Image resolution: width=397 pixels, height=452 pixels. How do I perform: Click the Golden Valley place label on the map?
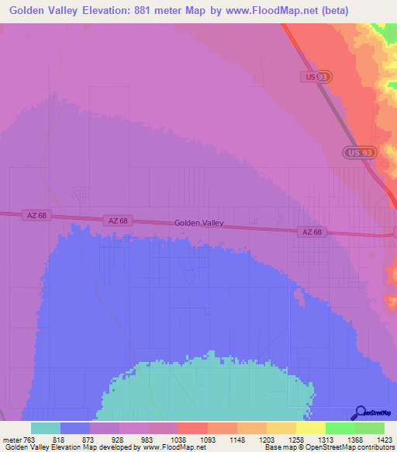(199, 223)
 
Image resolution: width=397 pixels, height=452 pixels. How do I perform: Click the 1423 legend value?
(384, 440)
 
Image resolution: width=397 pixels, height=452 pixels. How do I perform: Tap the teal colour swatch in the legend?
(46, 428)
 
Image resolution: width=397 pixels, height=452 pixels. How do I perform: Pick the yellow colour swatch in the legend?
(310, 428)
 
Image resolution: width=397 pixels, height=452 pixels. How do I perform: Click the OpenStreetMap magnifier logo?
(360, 413)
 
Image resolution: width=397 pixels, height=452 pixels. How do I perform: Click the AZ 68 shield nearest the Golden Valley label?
(119, 221)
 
